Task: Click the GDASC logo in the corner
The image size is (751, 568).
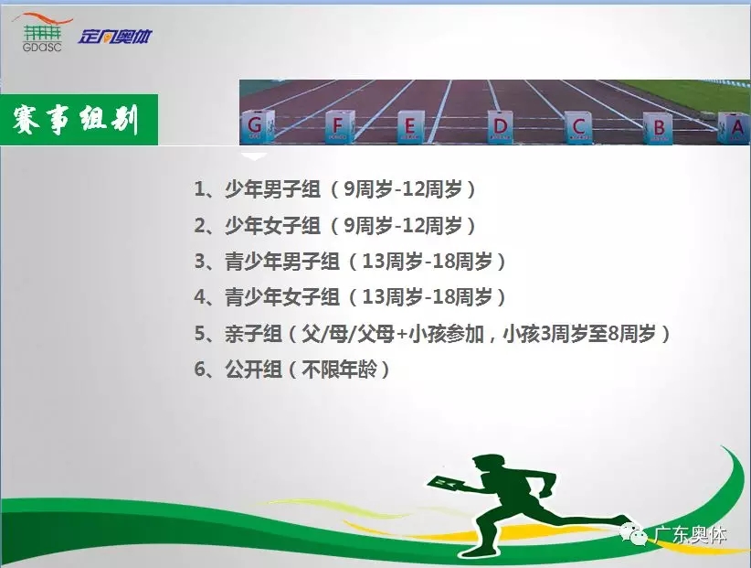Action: (x=42, y=33)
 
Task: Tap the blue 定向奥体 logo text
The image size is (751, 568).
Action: (x=115, y=37)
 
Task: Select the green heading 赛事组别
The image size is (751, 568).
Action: (x=76, y=120)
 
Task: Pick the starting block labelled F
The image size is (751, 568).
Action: (x=340, y=126)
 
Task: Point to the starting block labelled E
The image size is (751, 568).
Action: (x=411, y=126)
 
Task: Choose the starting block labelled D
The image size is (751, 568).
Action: (x=501, y=126)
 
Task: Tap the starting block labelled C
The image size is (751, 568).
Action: (x=578, y=127)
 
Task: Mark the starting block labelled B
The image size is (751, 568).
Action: (x=658, y=128)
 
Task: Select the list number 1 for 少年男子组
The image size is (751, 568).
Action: (x=200, y=188)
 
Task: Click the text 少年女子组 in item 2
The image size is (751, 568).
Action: (x=272, y=225)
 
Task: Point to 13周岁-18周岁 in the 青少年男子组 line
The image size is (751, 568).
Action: (x=428, y=262)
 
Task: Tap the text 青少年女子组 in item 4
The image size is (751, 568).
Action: (x=281, y=297)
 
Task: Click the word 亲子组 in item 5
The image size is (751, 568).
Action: (x=253, y=334)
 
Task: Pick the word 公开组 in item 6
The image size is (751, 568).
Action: (x=253, y=370)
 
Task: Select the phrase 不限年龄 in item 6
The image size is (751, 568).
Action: (x=340, y=370)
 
